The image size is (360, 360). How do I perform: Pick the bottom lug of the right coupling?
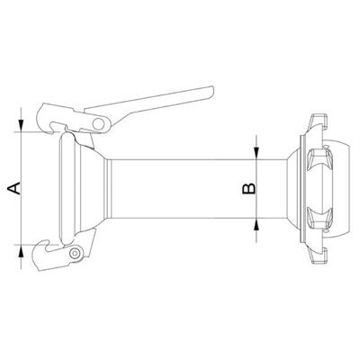coord(317,260)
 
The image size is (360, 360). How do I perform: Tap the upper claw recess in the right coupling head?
coord(315,162)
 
